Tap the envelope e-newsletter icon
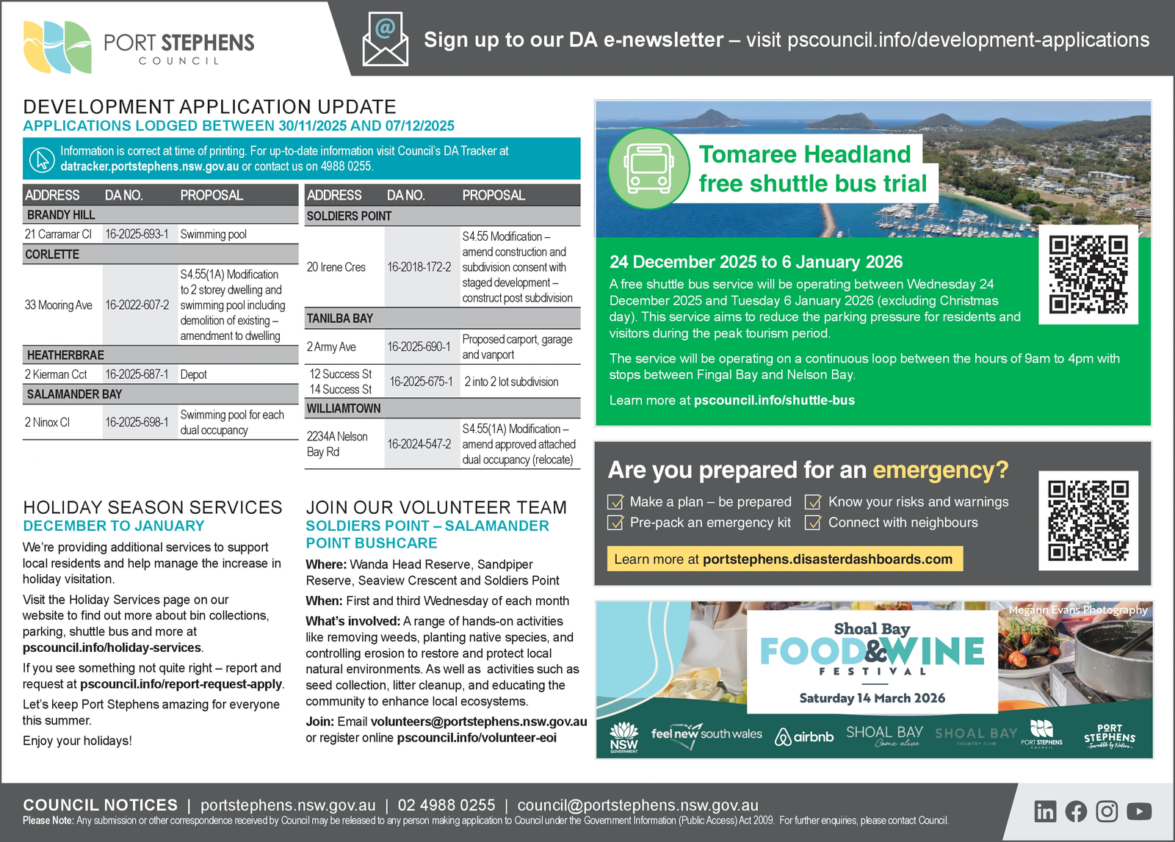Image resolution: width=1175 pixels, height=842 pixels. tap(385, 40)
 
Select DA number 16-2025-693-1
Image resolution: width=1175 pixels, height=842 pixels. tap(137, 234)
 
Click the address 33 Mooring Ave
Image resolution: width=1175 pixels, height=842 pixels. tap(59, 305)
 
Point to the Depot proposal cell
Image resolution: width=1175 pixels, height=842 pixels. tap(194, 374)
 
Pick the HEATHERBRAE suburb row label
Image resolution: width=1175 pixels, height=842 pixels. tap(65, 355)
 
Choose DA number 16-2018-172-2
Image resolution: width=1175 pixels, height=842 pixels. tap(419, 267)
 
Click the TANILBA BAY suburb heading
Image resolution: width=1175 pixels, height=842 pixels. tap(340, 319)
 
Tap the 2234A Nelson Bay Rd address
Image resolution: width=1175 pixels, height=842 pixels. tap(337, 444)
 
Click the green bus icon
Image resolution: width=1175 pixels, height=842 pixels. tap(648, 168)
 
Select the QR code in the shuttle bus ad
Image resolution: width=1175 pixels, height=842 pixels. tap(1088, 275)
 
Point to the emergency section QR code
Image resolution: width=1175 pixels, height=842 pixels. tap(1088, 520)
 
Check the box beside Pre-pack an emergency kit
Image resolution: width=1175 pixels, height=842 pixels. tap(615, 523)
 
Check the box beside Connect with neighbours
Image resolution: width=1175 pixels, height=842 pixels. tap(813, 523)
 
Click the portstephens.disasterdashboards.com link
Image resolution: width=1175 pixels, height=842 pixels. tap(827, 559)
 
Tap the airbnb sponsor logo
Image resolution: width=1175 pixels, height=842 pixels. tap(805, 736)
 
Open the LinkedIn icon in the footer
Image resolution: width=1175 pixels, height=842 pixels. tap(1045, 811)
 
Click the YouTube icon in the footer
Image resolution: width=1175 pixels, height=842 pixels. tap(1138, 811)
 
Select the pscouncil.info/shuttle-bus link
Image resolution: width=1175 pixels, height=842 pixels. tap(774, 400)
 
